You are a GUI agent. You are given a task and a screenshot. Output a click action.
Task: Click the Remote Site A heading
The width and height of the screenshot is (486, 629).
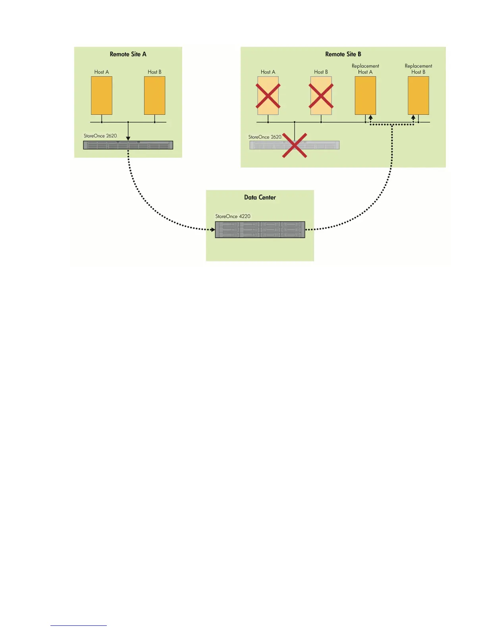tap(128, 54)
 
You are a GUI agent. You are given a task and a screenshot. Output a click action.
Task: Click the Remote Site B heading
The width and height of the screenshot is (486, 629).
tap(343, 54)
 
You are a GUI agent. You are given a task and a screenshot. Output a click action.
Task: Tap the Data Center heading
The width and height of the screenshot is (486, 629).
tap(260, 197)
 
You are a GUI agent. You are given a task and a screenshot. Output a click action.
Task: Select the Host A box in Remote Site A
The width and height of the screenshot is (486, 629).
tap(102, 95)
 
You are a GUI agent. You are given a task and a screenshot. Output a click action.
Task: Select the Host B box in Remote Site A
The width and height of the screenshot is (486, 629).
tap(154, 95)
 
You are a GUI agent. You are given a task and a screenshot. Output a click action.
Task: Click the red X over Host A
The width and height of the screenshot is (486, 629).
tap(268, 96)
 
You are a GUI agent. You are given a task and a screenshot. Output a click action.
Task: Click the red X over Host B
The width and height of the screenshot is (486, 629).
tap(321, 96)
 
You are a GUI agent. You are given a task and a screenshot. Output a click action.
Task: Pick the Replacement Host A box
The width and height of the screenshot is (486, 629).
tap(365, 95)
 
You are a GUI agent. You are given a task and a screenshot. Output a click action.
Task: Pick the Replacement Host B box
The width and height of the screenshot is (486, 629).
tap(418, 95)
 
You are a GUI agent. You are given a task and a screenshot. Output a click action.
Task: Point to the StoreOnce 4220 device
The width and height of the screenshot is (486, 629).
tap(260, 230)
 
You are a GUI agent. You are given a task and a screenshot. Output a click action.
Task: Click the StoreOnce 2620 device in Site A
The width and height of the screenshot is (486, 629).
tap(128, 145)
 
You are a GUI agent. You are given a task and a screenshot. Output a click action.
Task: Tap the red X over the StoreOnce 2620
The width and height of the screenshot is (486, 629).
tap(294, 145)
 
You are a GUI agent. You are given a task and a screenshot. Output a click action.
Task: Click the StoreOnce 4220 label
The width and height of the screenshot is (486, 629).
tap(233, 216)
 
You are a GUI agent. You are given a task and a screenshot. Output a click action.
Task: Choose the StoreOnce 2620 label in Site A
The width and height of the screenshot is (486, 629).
tap(100, 136)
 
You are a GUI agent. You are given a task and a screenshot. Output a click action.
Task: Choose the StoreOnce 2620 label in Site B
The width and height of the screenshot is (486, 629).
tap(265, 137)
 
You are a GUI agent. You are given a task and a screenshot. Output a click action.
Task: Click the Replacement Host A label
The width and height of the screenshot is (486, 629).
tap(365, 69)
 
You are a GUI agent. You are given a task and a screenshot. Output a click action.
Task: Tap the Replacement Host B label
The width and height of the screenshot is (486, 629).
tap(418, 69)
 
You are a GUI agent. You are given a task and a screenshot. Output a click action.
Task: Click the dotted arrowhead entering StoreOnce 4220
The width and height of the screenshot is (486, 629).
tap(213, 230)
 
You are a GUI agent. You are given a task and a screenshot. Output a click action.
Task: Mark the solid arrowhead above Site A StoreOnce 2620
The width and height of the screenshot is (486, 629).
tap(128, 138)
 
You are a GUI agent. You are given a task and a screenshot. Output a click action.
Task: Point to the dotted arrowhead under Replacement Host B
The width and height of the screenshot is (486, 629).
tap(413, 118)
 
